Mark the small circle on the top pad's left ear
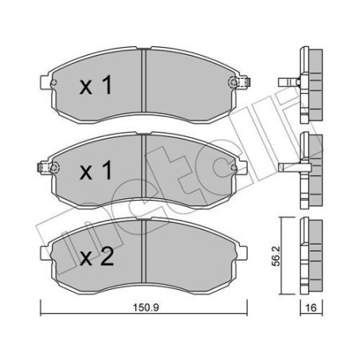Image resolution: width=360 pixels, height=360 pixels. pyautogui.click(x=53, y=82)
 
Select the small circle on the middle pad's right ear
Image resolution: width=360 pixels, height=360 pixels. pyautogui.click(x=232, y=166)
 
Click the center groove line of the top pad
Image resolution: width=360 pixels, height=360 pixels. pyautogui.click(x=142, y=82)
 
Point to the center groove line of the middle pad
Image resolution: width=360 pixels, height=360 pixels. pyautogui.click(x=142, y=166)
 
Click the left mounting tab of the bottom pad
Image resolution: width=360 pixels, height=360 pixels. pyautogui.click(x=47, y=253)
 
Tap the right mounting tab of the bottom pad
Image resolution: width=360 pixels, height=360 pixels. pyautogui.click(x=237, y=253)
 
